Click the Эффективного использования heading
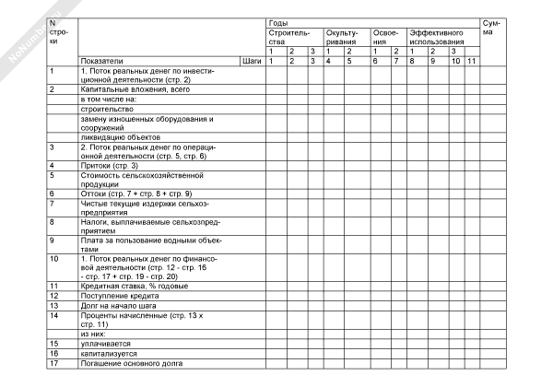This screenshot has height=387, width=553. tap(437, 37)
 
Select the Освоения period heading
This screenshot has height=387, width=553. tap(387, 37)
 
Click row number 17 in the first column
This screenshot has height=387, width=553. tap(54, 362)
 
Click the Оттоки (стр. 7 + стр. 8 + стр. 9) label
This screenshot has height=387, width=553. tap(135, 193)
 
